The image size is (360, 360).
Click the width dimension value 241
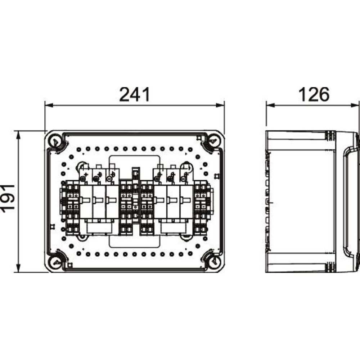pos(134,94)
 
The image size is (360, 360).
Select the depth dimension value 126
pos(313,94)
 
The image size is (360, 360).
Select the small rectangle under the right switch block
pos(172,228)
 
